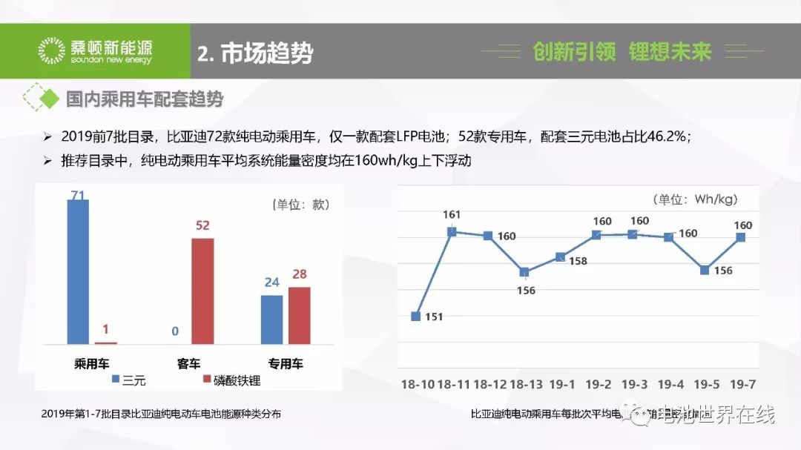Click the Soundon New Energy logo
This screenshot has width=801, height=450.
pos(95,50)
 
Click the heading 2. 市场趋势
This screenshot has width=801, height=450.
pos(255,53)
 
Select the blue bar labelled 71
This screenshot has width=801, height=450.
pos(78,271)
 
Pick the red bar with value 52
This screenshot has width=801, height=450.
pos(202,291)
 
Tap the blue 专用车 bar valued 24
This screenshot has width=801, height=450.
pos(271,320)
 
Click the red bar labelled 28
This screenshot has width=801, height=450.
pos(299,315)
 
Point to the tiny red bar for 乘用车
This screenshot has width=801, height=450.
pos(106,343)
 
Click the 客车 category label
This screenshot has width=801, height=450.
pos(188,364)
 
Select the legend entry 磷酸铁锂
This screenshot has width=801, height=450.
pos(231,381)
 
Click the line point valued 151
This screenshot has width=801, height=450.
pos(416,316)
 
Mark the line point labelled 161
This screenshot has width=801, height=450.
pos(452,232)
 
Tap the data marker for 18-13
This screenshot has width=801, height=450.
pos(524,272)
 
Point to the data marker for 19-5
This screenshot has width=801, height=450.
pos(705,270)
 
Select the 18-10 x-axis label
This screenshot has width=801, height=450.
pos(417,384)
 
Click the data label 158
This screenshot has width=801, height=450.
pos(578,261)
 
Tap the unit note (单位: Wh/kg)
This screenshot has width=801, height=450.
pos(695,199)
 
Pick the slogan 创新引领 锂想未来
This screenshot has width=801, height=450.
pos(622,51)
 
